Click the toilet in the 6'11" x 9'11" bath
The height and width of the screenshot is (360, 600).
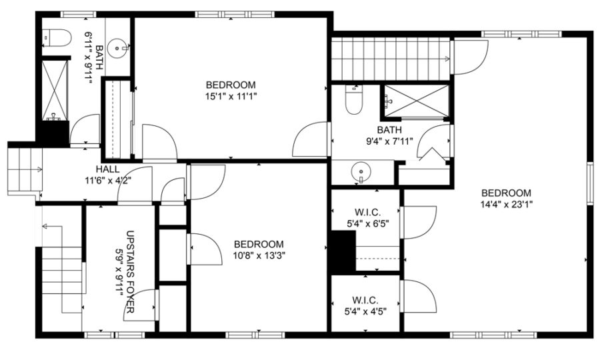[x=57, y=38]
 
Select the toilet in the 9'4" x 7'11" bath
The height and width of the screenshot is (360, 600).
[x=353, y=100]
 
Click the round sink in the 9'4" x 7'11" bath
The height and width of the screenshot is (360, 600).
[x=361, y=170]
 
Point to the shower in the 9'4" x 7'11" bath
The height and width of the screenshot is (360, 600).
[x=416, y=101]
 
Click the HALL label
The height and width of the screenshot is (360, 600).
[x=107, y=169]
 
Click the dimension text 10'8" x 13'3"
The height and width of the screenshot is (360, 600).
[x=259, y=255]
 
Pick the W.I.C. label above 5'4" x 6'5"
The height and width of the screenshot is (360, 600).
[x=368, y=212]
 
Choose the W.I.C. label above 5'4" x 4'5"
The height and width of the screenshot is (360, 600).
[x=365, y=300]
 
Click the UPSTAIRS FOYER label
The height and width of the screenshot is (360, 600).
[x=130, y=271]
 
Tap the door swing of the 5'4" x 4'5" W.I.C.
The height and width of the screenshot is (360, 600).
[x=419, y=296]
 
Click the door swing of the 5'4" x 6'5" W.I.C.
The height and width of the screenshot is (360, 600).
[x=419, y=223]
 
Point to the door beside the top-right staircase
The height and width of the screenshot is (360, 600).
[x=470, y=57]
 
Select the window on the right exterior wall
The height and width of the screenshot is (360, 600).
[x=590, y=183]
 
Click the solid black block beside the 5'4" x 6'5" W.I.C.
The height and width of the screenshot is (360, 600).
[x=343, y=252]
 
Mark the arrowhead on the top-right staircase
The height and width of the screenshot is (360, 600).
[x=448, y=59]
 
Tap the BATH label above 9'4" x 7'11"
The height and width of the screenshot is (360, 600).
[x=389, y=130]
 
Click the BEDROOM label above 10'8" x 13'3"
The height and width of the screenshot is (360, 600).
[x=259, y=244]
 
